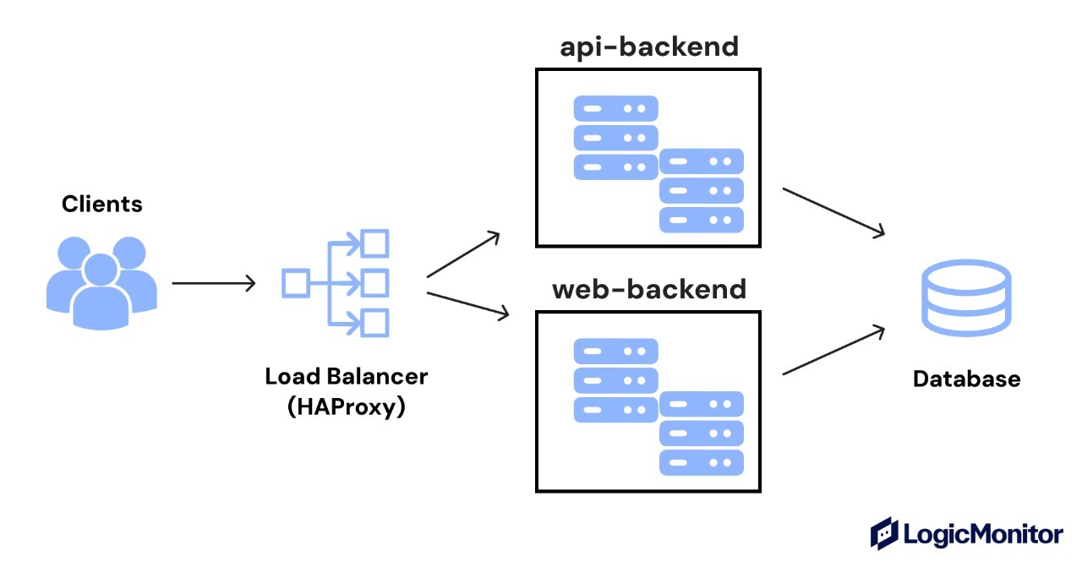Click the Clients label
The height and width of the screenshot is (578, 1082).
102,204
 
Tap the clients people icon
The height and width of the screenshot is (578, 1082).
101,282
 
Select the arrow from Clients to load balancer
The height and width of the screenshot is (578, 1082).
213,283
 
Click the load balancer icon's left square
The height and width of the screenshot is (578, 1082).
293,282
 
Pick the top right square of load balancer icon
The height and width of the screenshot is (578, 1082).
374,243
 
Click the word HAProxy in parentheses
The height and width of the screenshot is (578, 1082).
347,406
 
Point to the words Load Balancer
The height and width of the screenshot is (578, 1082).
347,376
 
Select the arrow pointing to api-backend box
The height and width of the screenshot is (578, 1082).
464,254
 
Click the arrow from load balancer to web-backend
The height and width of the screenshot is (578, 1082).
468,305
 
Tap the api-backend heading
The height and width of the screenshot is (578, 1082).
648,46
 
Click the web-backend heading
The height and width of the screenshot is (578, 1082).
648,290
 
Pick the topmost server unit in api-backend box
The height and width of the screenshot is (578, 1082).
615,108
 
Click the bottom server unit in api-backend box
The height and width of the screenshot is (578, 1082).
701,220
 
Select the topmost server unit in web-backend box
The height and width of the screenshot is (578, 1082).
615,352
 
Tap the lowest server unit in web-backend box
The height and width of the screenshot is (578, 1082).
701,463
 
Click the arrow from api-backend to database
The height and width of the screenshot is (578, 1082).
833,211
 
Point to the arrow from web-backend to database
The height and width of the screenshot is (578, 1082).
833,350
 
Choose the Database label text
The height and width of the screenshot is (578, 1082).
966,379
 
